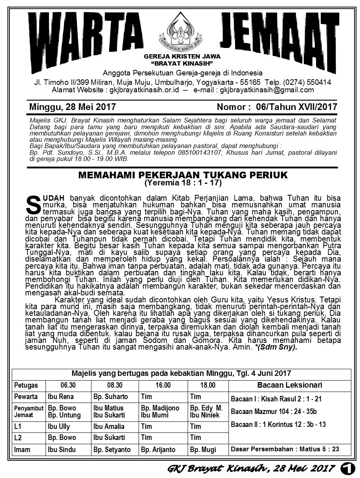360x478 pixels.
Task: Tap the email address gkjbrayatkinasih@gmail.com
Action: coord(267,90)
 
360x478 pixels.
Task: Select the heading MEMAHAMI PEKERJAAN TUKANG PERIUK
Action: coord(183,175)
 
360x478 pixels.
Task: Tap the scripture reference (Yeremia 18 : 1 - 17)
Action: coord(183,183)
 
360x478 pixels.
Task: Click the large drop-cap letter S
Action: coord(33,203)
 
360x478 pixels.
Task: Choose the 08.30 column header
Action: coord(115,385)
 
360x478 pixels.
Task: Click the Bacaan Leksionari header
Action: coord(290,385)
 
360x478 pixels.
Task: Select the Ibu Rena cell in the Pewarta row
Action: coord(61,396)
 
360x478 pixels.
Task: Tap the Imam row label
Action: coord(22,450)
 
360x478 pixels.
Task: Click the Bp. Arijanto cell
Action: coord(158,450)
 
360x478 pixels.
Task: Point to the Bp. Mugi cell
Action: coord(203,450)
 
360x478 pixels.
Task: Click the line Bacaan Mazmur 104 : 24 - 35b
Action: coord(274,412)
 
